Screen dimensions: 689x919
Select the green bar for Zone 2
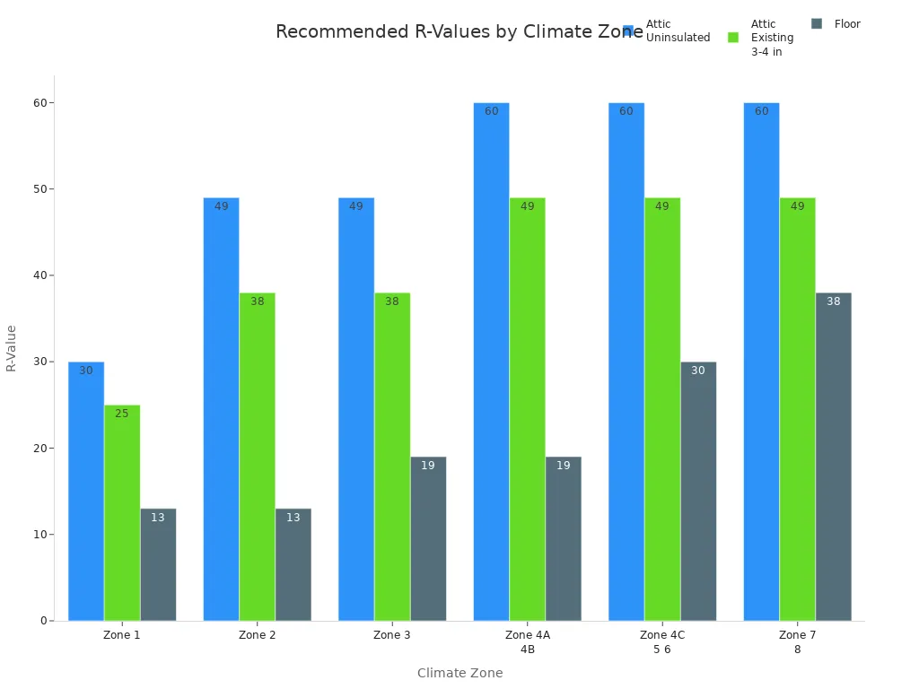[x=258, y=457]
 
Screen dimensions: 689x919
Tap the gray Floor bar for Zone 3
[x=428, y=538]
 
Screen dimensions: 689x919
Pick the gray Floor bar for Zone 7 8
[x=833, y=457]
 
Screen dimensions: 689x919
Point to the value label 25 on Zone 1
[x=122, y=414]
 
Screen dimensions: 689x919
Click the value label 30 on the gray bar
[x=698, y=371]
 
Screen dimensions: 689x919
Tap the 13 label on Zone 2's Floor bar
[x=293, y=518]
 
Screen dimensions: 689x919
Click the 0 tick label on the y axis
[x=42, y=621]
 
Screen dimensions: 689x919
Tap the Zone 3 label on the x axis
[x=392, y=635]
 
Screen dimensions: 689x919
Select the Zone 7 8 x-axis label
[x=797, y=641]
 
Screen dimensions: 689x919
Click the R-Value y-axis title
[x=12, y=348]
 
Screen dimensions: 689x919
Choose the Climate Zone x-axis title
[x=459, y=673]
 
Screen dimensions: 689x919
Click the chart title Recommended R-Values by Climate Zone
[x=449, y=32]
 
